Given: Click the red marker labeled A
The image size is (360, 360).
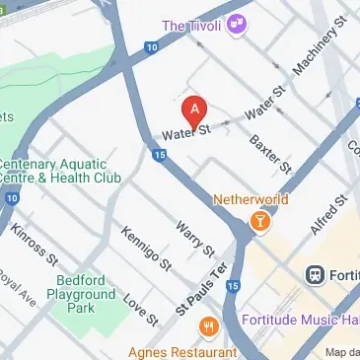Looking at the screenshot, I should [x=195, y=109].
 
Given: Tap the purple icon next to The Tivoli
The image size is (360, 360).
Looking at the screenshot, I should [x=236, y=22].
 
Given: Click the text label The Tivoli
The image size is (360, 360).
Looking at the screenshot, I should [x=192, y=25].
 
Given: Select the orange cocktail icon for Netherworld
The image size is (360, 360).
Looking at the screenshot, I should [x=258, y=221].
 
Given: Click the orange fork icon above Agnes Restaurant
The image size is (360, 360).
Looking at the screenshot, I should [x=208, y=325].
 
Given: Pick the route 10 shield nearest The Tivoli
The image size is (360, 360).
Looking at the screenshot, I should [x=150, y=45].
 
